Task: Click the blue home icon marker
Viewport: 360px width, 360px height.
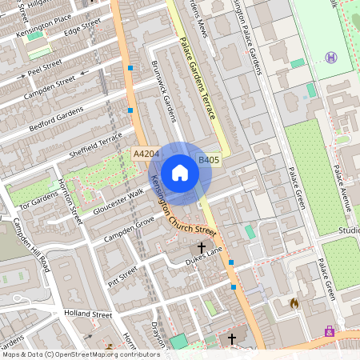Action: coord(180,173)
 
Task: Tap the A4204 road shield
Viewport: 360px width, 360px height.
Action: coord(146,153)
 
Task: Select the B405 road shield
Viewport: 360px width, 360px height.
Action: coord(209,160)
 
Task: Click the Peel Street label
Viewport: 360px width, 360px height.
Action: coord(45,66)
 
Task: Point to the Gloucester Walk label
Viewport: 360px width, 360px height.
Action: coord(118,197)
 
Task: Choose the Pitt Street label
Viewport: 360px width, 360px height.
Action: coord(125,277)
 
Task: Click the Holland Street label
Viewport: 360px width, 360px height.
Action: coord(90,314)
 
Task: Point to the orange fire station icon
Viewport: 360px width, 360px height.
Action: coord(294,303)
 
